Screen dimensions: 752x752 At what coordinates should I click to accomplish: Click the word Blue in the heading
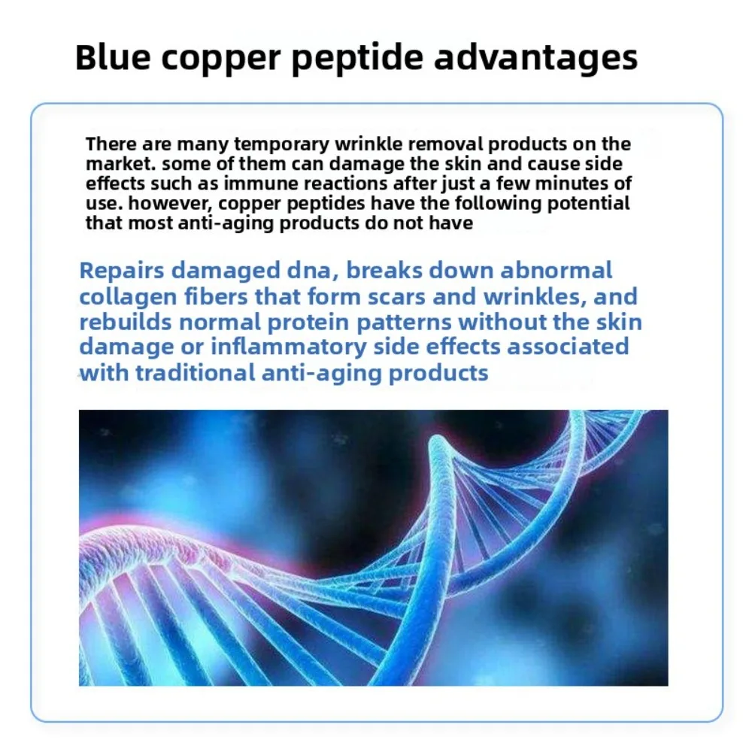coord(113,57)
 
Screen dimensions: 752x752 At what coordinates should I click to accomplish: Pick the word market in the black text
coord(120,164)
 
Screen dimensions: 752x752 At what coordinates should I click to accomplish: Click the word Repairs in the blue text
coord(122,271)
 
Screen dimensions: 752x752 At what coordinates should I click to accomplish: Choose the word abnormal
coord(556,271)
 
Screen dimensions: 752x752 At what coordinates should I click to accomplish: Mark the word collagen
coord(128,298)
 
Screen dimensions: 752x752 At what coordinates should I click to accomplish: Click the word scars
coord(396,297)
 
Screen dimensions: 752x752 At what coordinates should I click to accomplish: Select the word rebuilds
coord(125,322)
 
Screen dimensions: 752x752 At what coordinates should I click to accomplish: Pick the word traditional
coord(196,373)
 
